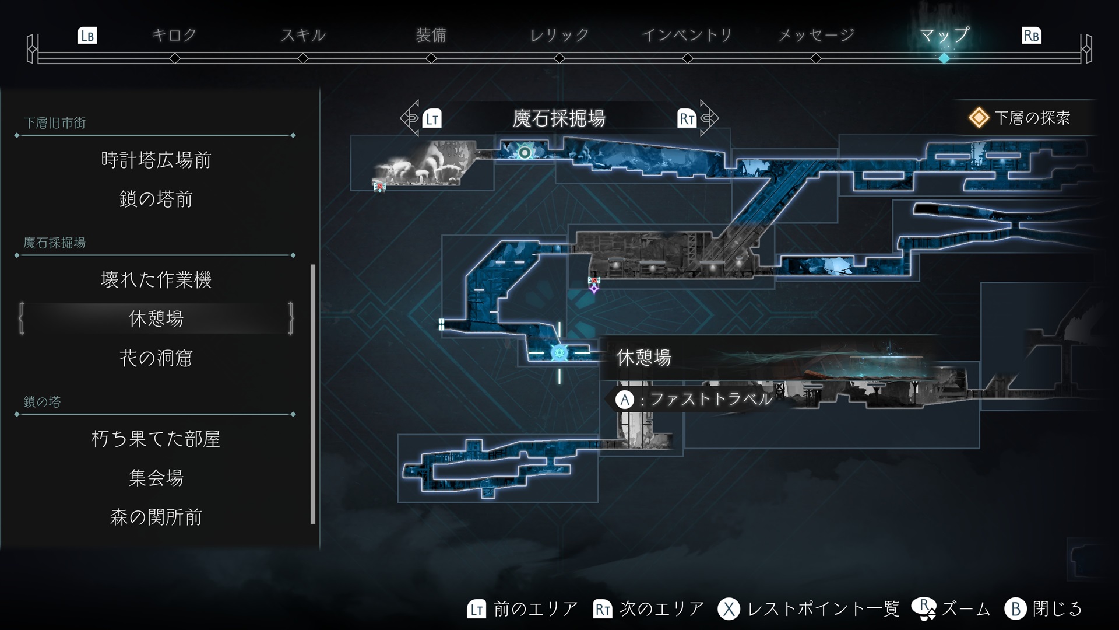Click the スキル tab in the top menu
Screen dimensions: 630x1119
303,36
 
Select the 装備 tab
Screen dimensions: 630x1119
431,36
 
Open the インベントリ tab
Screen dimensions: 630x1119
687,36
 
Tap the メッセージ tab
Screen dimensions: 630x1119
816,36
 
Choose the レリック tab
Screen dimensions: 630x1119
559,36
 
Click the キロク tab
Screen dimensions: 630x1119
174,36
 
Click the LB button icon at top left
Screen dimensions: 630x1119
87,36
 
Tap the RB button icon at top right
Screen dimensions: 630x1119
1031,36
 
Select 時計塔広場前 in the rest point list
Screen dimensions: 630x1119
156,160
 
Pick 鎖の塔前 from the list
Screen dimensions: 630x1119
156,199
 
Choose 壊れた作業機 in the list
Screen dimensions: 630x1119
156,279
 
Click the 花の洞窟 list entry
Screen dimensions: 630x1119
156,358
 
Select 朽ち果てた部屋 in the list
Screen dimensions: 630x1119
156,439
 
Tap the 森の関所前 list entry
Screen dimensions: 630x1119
156,517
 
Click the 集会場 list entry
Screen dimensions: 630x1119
156,478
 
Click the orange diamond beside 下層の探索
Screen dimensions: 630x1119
979,118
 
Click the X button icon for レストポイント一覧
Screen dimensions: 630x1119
729,609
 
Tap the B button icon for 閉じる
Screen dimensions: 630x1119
1015,609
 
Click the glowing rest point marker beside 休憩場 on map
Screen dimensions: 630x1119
559,352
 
